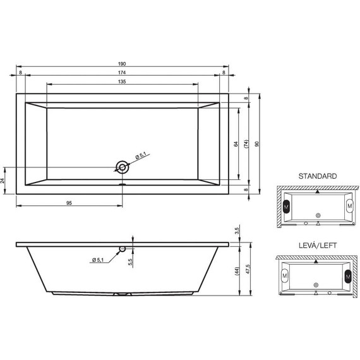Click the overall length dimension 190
(x=122, y=63)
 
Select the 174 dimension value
(x=122, y=73)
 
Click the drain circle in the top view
(x=121, y=167)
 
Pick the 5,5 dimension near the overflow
(x=130, y=260)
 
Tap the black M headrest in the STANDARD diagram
(x=287, y=206)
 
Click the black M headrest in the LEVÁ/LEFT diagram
(x=346, y=276)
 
